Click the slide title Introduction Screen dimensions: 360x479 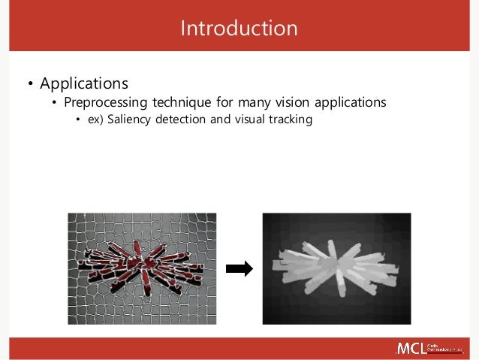239,29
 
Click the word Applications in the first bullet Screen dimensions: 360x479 84,83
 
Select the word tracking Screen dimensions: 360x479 291,119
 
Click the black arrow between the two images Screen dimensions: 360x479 239,269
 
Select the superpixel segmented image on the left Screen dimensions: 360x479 142,268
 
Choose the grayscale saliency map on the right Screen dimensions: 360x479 336,268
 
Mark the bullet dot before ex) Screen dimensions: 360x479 79,120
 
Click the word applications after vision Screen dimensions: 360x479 350,101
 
